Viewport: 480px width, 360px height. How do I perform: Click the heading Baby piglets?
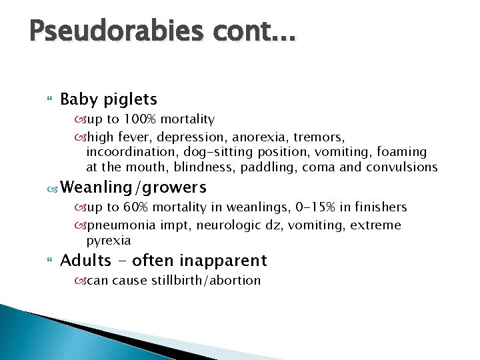click(x=109, y=99)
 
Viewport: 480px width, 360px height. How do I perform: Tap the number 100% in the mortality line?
click(x=138, y=119)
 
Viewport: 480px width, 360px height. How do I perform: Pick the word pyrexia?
click(x=109, y=240)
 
